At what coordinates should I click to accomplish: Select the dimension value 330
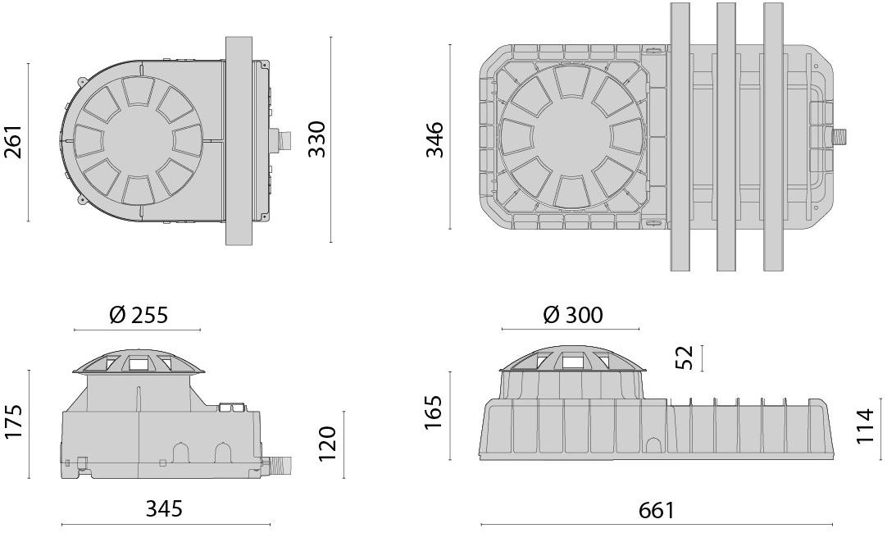[x=316, y=139]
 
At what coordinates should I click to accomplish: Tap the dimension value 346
[x=434, y=139]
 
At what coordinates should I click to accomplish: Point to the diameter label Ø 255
[x=138, y=314]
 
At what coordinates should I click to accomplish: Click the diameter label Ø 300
[x=572, y=314]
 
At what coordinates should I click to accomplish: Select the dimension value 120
[x=328, y=444]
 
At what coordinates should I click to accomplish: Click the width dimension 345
[x=165, y=508]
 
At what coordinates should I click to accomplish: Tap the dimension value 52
[x=684, y=358]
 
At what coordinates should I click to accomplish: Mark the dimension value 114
[x=866, y=426]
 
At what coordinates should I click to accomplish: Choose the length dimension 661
[x=656, y=510]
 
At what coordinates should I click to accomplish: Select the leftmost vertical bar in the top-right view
[x=680, y=136]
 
